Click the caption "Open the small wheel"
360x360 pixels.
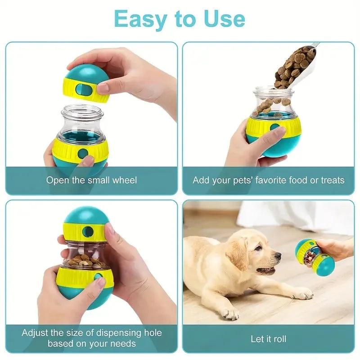92,180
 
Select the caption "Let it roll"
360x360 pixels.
268,339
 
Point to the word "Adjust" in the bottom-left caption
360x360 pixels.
37,333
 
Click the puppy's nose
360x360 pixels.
278,256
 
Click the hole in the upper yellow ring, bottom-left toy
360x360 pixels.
88,232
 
